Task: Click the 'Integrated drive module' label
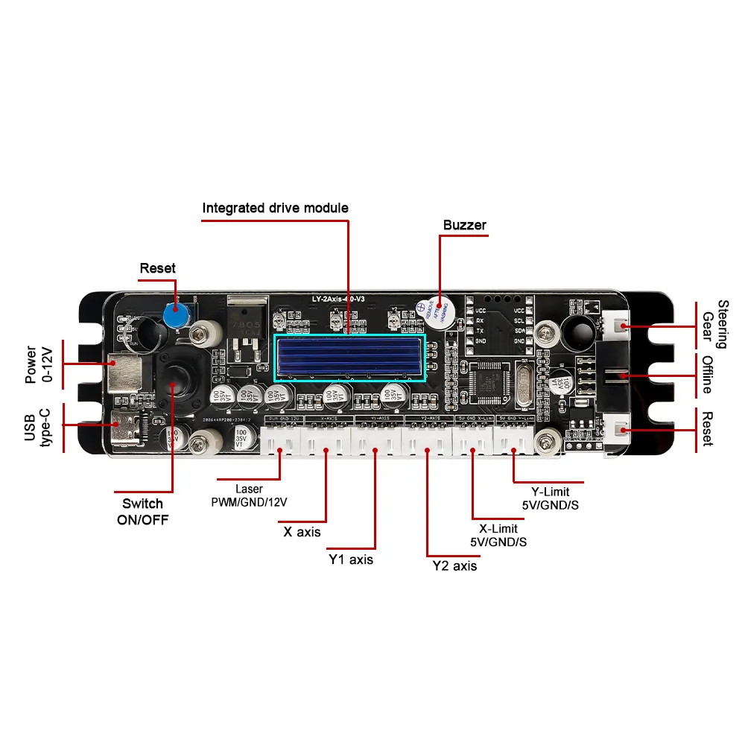[275, 208]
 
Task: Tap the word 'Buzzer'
[464, 225]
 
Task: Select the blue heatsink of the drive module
[349, 358]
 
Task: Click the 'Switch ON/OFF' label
[142, 512]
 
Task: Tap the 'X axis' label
[302, 532]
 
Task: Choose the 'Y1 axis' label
[351, 559]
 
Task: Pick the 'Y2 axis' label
[454, 565]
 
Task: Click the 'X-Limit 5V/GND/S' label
[498, 535]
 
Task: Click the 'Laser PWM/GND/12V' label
[249, 495]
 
